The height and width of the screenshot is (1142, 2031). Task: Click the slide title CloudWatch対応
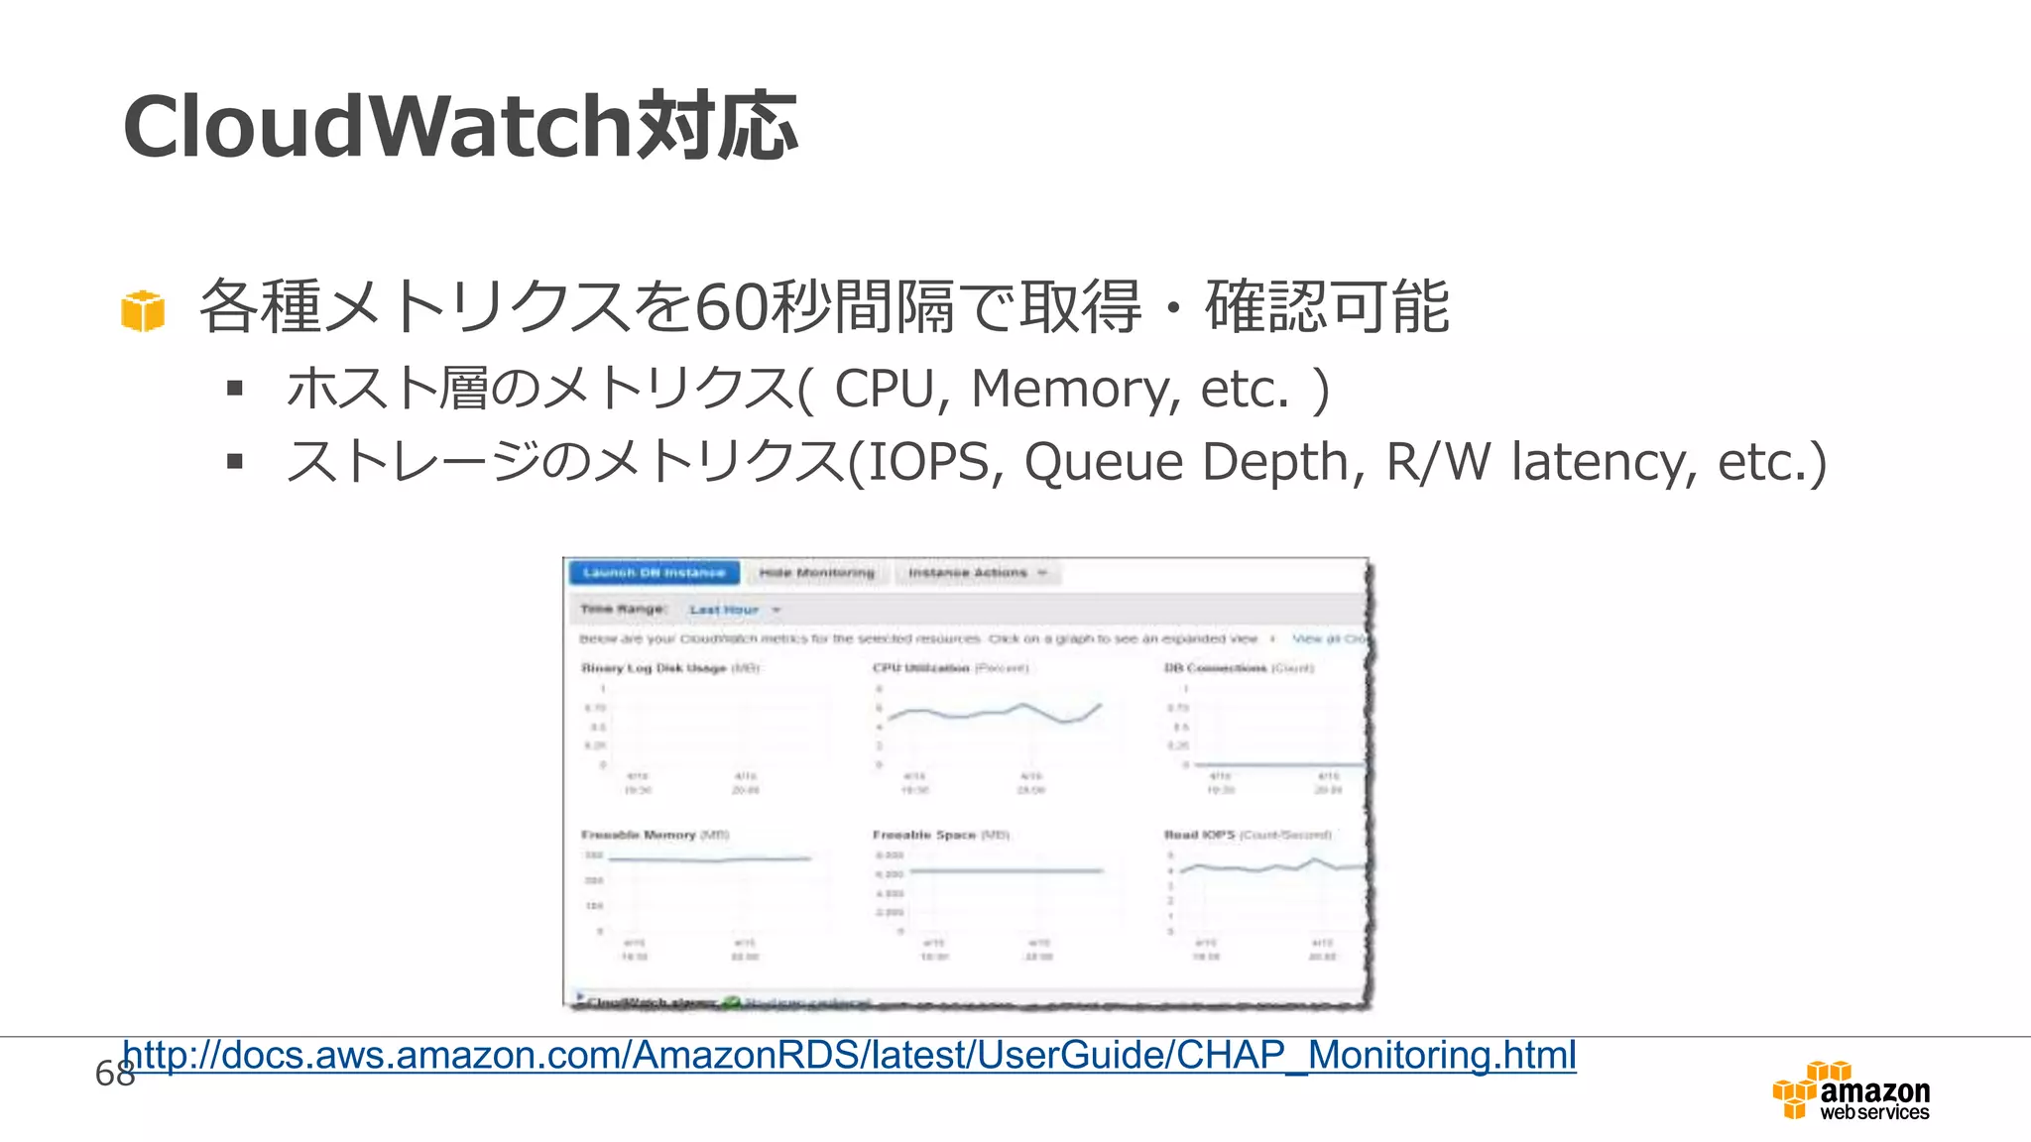459,127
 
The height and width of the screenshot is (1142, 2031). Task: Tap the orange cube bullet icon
143,311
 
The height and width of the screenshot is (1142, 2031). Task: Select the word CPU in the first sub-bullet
885,389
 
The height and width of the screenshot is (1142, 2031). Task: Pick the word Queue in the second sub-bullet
1103,462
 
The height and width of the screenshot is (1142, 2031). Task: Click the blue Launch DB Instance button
655,573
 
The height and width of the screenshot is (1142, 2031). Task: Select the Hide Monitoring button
817,573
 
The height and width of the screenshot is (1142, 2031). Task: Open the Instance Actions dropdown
977,573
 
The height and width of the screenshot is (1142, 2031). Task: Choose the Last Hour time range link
725,610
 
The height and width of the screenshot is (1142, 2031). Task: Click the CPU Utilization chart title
921,668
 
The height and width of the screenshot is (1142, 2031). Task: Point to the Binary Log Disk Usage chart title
654,668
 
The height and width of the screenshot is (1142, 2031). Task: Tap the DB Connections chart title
1215,668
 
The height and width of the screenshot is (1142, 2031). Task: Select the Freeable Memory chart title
639,835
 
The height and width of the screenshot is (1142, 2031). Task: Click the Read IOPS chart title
1200,835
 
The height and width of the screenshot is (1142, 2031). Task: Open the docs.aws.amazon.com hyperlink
849,1056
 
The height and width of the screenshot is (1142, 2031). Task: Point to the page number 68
114,1073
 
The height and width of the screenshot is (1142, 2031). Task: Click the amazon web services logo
1852,1091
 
